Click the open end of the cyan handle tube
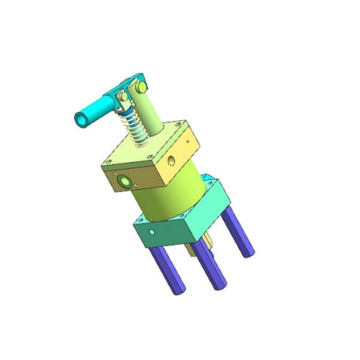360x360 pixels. coord(80,119)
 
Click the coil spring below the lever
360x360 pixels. coord(136,127)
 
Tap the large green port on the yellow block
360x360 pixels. coord(124,180)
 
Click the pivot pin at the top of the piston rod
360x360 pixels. coord(142,88)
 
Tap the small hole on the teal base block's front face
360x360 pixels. coord(154,232)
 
